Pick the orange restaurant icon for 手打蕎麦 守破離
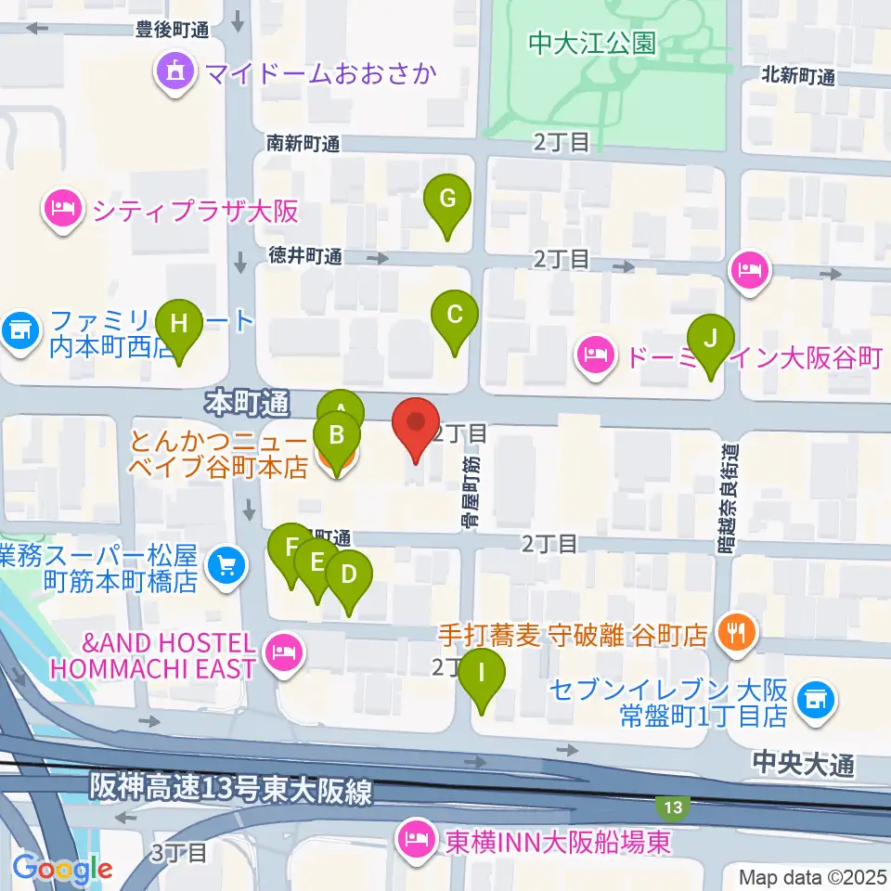click(x=737, y=634)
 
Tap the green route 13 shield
click(x=675, y=807)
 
